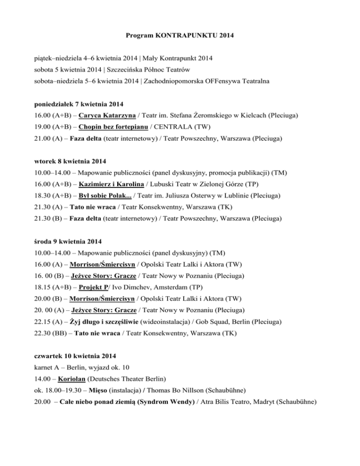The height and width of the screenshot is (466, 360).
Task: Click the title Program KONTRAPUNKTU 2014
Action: point(180,35)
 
